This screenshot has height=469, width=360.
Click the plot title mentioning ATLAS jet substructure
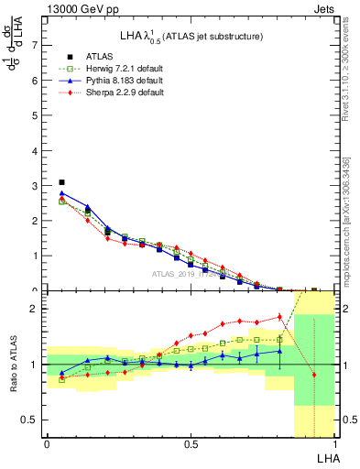[192, 37]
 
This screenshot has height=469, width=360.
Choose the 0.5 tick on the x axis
[191, 445]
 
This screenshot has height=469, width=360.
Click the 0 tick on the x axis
[47, 445]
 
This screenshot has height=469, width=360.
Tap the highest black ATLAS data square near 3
[61, 182]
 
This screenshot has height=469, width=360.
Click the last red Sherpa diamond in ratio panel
[314, 375]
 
